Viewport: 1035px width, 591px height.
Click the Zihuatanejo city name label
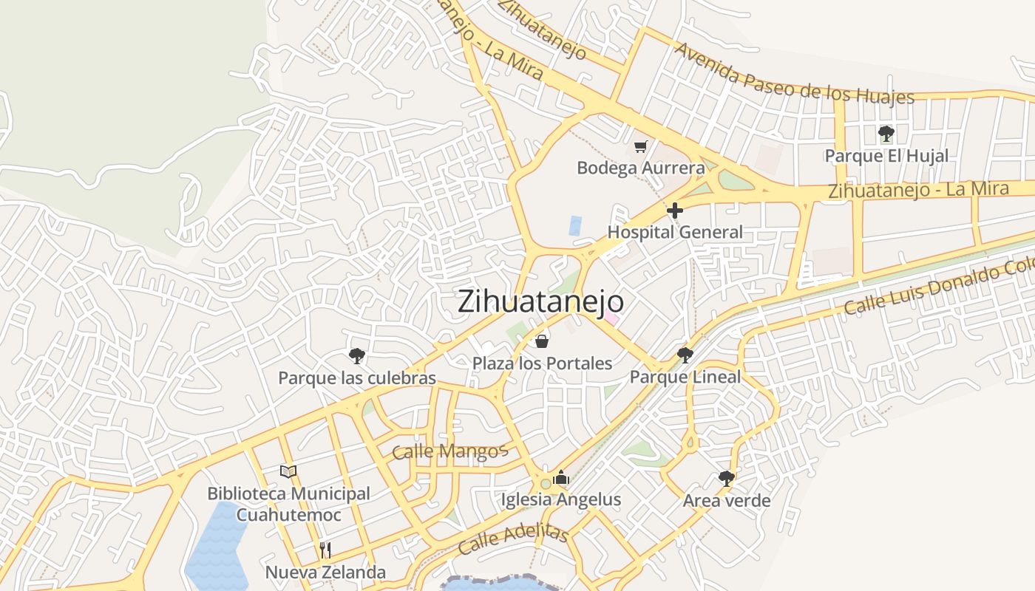pyautogui.click(x=540, y=301)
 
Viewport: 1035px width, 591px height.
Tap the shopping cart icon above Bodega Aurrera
pyautogui.click(x=640, y=146)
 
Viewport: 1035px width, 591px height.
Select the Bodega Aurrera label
pyautogui.click(x=640, y=168)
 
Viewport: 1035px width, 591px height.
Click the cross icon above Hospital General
pyautogui.click(x=674, y=211)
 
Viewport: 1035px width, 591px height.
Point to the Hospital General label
pyautogui.click(x=674, y=232)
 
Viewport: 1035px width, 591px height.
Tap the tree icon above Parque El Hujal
pyautogui.click(x=886, y=134)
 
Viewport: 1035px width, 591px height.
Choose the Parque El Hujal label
pyautogui.click(x=886, y=156)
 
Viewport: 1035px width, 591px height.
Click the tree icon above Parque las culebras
pyautogui.click(x=357, y=356)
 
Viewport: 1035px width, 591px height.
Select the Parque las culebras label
pyautogui.click(x=357, y=378)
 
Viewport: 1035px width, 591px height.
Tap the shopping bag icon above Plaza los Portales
pyautogui.click(x=542, y=341)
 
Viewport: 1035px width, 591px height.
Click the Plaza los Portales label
pyautogui.click(x=542, y=363)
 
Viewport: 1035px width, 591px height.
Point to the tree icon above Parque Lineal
pyautogui.click(x=685, y=355)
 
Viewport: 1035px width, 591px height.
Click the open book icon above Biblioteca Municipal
pyautogui.click(x=288, y=471)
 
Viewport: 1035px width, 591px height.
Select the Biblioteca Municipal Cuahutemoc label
pyautogui.click(x=288, y=504)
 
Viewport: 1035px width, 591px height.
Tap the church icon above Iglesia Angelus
pyautogui.click(x=561, y=478)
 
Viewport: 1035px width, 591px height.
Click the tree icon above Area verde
pyautogui.click(x=727, y=478)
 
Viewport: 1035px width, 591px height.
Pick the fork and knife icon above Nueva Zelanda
pyautogui.click(x=325, y=550)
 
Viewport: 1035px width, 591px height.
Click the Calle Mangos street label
pyautogui.click(x=449, y=451)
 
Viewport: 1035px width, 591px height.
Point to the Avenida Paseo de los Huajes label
pyautogui.click(x=794, y=74)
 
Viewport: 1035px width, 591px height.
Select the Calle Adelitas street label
pyautogui.click(x=512, y=541)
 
